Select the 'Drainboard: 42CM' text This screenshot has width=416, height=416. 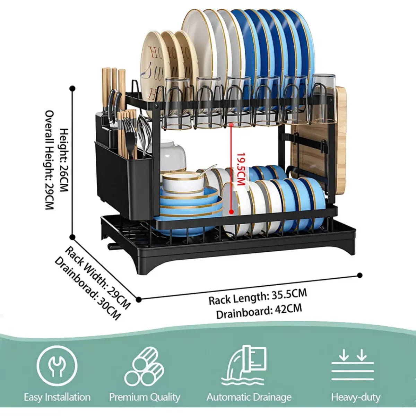click(x=259, y=311)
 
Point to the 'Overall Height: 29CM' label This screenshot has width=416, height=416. click(x=50, y=160)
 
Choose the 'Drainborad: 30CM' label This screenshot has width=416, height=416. click(x=87, y=288)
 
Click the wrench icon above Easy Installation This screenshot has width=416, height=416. click(x=57, y=366)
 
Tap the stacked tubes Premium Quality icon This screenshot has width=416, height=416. click(x=144, y=367)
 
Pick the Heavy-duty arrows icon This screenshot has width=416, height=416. click(x=353, y=366)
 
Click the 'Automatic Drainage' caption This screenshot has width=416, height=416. click(x=249, y=397)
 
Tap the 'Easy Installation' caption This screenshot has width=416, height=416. click(x=57, y=397)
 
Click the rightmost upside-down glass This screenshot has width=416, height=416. click(x=323, y=99)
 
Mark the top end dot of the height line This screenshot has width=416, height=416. click(x=72, y=89)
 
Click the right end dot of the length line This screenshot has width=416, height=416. click(x=360, y=275)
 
